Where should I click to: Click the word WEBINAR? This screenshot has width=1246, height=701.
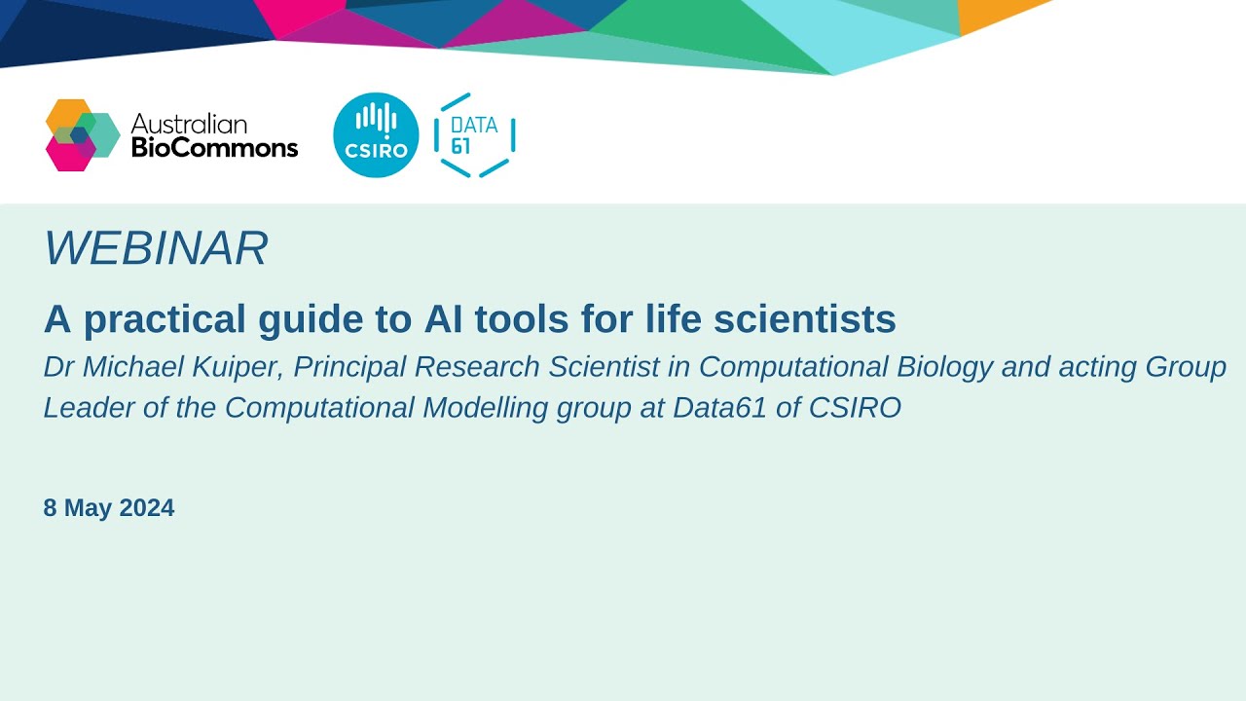(156, 249)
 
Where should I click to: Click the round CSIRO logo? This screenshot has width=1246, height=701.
(376, 135)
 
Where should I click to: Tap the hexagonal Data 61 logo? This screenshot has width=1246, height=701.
(474, 135)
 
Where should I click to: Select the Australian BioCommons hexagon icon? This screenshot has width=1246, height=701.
(82, 135)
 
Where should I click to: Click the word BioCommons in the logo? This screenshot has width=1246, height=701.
(214, 148)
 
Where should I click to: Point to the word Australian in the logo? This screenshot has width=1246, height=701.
(189, 124)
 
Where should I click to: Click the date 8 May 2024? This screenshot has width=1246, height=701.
(109, 508)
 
